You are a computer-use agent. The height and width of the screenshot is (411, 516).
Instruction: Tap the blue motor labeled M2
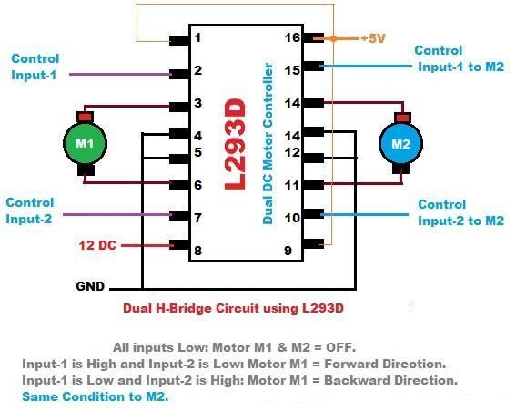[x=401, y=143]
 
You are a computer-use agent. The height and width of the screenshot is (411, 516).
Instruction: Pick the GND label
[x=91, y=286]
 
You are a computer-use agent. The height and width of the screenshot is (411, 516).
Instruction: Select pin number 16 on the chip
[x=292, y=38]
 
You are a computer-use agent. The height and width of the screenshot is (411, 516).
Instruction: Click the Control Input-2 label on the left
[x=31, y=211]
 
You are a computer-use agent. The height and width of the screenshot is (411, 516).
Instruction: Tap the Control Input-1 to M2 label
[x=455, y=58]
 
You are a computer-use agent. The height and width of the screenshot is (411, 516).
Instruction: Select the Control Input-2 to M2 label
[x=460, y=212]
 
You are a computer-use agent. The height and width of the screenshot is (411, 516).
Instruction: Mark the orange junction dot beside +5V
[x=334, y=39]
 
